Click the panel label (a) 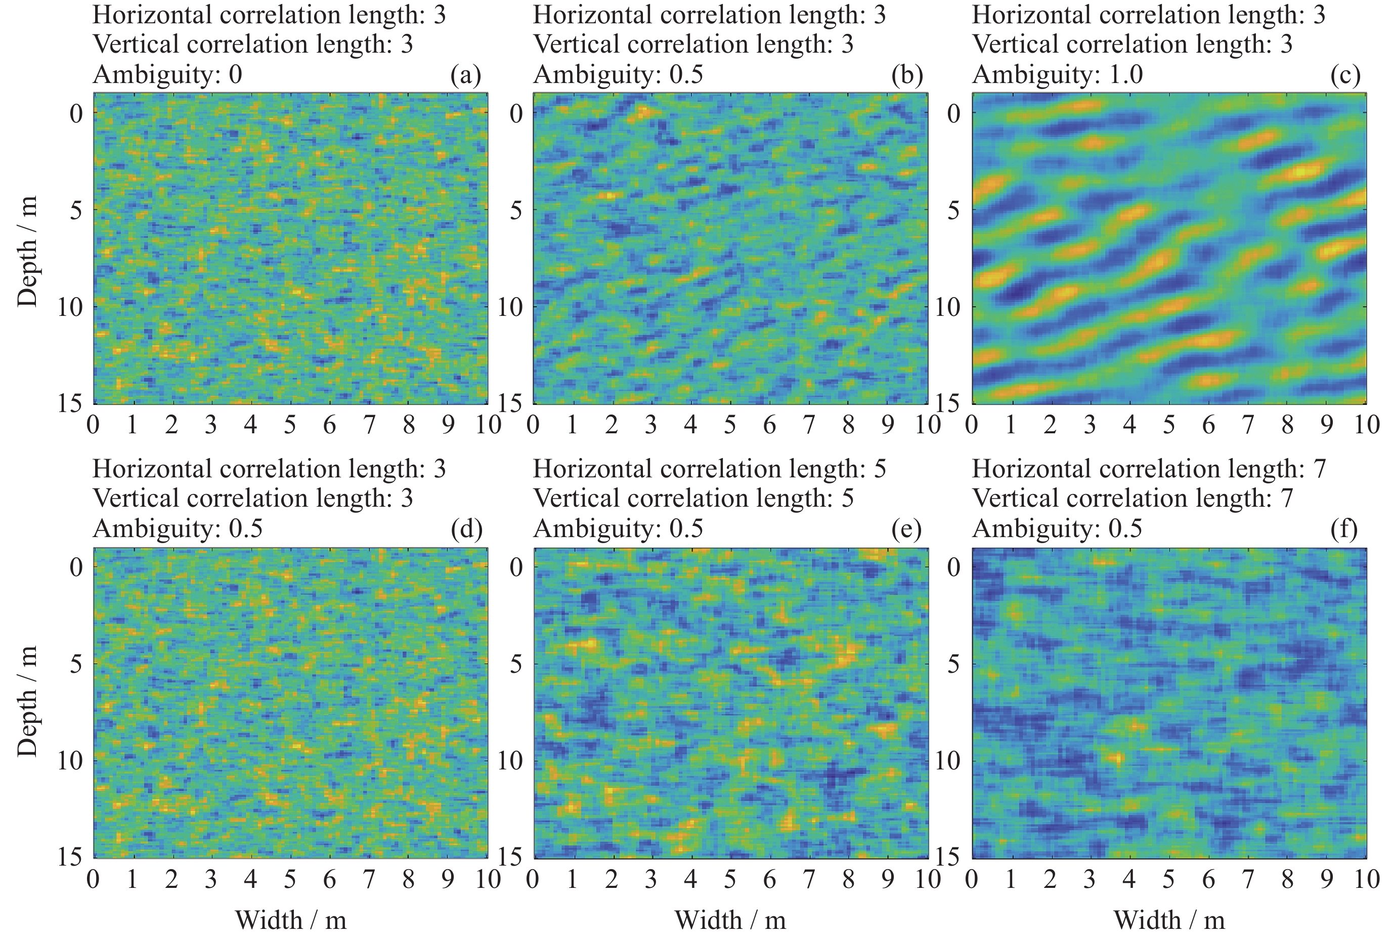(x=466, y=75)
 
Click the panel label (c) (x=1345, y=75)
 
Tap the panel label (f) (x=1344, y=529)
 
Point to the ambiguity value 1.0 (x=1125, y=75)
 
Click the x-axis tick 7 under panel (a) (x=369, y=425)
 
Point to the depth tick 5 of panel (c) (x=953, y=211)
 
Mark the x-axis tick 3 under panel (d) (x=211, y=879)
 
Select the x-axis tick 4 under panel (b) (x=690, y=425)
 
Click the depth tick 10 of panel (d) (x=70, y=761)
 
